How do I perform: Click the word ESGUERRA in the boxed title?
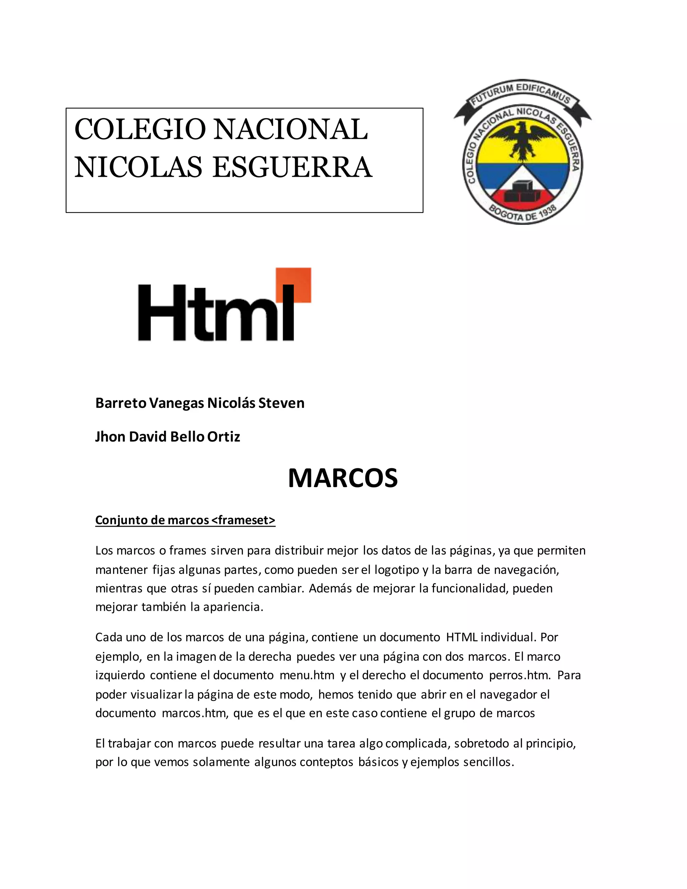pos(292,168)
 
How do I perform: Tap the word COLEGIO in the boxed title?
pos(140,129)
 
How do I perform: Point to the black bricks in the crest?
pos(523,191)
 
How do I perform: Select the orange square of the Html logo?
pos(294,284)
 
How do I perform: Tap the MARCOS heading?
pos(343,478)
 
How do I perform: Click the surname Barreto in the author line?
pos(121,403)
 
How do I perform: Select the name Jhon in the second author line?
pos(110,437)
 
